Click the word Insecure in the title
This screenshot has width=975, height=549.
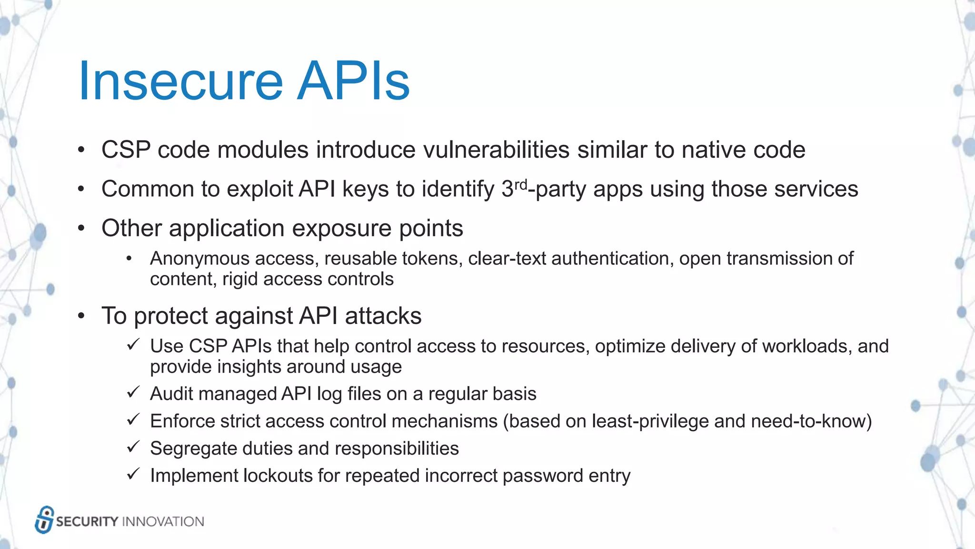coord(181,81)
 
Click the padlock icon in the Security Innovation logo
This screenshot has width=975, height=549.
coord(44,520)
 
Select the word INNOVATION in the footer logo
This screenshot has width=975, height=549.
coord(163,522)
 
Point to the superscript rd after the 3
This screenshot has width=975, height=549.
coord(521,184)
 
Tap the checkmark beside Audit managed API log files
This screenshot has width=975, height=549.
coord(133,393)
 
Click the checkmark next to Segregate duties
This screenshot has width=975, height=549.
coord(133,447)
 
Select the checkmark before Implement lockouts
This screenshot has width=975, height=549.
coord(133,474)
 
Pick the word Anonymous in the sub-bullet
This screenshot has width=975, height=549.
coord(200,259)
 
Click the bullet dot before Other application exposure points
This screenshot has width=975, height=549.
coord(81,228)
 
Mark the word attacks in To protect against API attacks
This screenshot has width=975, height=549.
coord(383,316)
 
